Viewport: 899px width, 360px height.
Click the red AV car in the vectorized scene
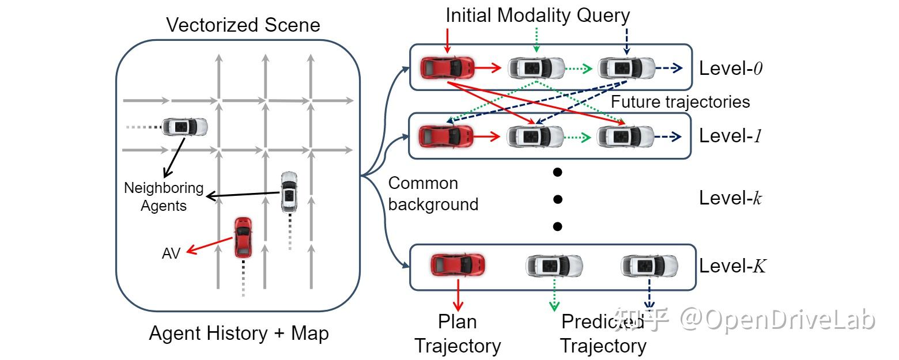coord(243,237)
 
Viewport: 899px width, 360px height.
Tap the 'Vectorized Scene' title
coord(243,25)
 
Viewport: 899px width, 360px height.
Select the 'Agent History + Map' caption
coord(239,334)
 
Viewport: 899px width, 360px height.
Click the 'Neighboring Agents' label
coord(164,196)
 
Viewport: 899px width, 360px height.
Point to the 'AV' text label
coord(171,253)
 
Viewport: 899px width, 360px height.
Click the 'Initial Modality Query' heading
coord(538,16)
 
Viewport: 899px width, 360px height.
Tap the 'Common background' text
coord(433,194)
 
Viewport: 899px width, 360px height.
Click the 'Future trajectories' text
coord(680,102)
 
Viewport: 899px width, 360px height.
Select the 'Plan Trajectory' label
coord(458,334)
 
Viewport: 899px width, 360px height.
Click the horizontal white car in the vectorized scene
coord(184,126)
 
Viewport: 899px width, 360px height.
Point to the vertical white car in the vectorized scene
coord(289,192)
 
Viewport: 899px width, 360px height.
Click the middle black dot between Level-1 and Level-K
coord(557,199)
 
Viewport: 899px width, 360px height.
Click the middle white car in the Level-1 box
coord(535,137)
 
